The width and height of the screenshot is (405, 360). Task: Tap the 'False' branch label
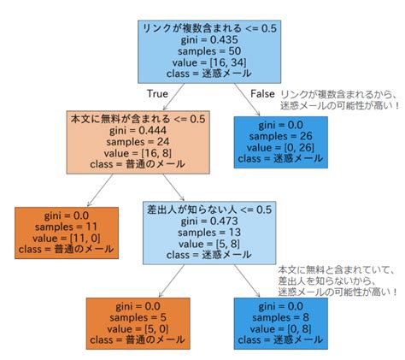point(261,92)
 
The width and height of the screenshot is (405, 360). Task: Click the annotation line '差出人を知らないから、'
point(333,281)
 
